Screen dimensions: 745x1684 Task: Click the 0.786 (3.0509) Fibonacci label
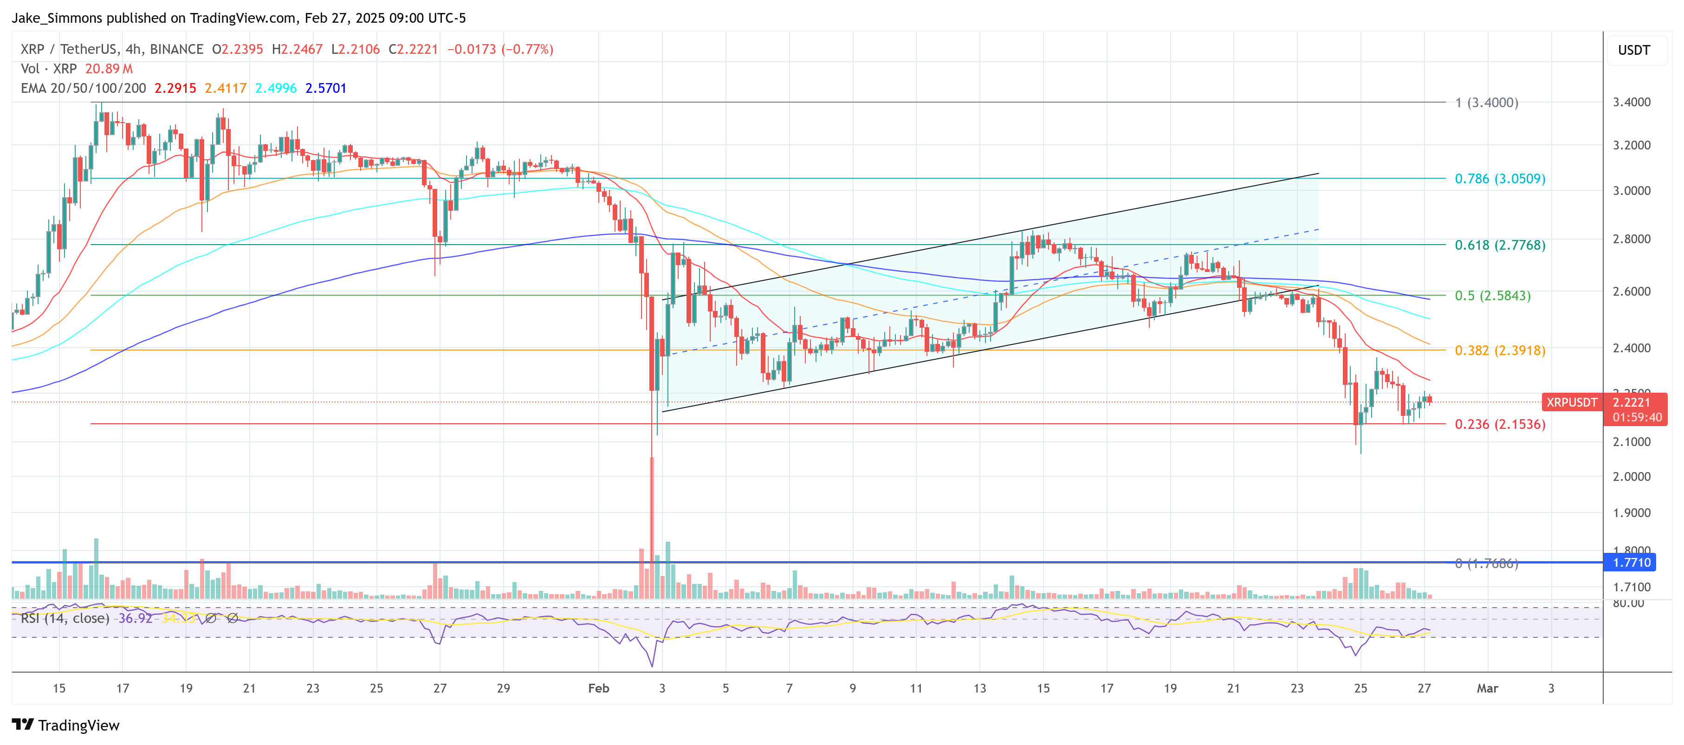[x=1500, y=178]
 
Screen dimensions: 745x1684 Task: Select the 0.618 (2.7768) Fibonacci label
[x=1500, y=245]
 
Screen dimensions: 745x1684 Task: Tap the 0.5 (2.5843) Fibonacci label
[x=1492, y=295]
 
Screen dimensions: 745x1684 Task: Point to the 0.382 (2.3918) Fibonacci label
[x=1500, y=350]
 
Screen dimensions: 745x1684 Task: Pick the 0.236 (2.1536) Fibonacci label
[x=1500, y=424]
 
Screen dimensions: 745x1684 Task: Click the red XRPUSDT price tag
[x=1572, y=402]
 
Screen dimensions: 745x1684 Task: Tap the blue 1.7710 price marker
[x=1631, y=563]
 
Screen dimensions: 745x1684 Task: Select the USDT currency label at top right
[x=1634, y=50]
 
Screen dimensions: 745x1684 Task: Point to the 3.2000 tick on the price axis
[x=1631, y=145]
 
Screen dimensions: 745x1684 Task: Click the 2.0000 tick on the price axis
[x=1631, y=476]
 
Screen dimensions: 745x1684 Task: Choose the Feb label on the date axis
[x=598, y=688]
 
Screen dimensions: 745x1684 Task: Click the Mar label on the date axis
[x=1487, y=688]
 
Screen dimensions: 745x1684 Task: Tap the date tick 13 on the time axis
[x=979, y=688]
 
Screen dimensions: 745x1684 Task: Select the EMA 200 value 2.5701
[x=325, y=88]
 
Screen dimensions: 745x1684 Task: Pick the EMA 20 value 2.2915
[x=175, y=88]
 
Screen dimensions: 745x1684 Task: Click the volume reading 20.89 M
[x=109, y=69]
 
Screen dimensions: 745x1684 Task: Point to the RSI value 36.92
[x=135, y=618]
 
